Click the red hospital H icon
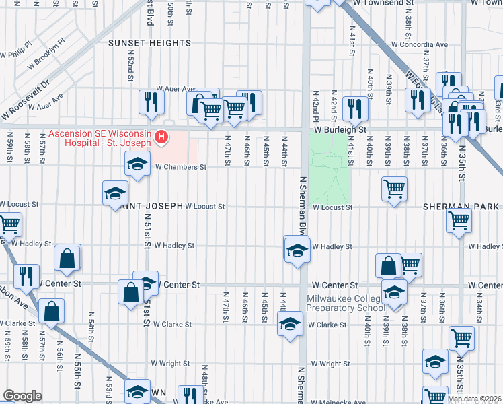click(161, 138)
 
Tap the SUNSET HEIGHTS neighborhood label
click(150, 43)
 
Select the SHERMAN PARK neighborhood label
click(461, 206)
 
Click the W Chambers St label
click(180, 167)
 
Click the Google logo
click(22, 396)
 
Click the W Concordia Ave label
click(419, 45)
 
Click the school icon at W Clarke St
click(290, 324)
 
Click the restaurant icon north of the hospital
click(149, 102)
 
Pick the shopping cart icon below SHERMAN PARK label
click(459, 220)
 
